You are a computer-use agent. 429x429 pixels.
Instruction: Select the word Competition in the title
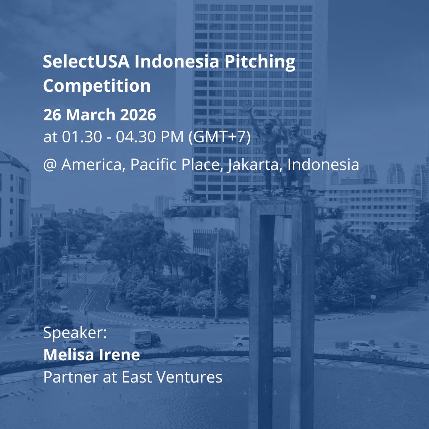tap(97, 86)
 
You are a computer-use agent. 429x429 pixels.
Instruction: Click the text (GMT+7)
tap(219, 137)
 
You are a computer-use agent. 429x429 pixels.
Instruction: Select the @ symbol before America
tap(50, 164)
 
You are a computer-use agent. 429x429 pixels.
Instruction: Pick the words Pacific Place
tap(176, 164)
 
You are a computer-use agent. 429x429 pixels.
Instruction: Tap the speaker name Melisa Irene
tap(91, 355)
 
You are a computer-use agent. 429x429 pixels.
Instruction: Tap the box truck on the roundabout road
tap(145, 338)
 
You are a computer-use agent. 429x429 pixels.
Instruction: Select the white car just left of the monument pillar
tap(241, 340)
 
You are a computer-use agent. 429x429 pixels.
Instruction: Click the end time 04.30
tap(136, 137)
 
